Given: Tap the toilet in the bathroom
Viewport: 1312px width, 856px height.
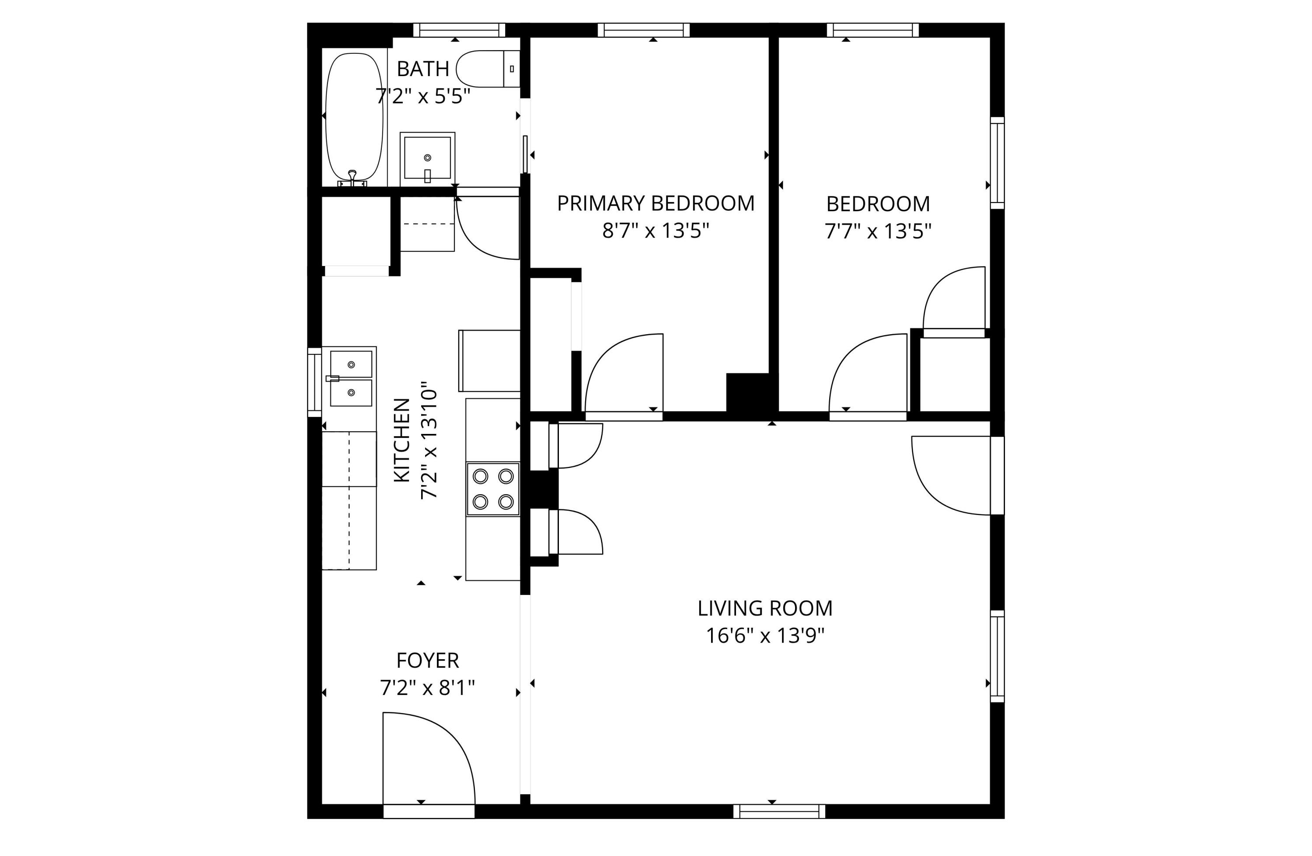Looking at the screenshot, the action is tap(488, 69).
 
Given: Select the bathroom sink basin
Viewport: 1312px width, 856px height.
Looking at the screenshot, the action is tap(427, 159).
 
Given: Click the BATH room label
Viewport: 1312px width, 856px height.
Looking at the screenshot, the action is tap(423, 69).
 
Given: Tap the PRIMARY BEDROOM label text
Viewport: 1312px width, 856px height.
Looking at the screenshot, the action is tap(656, 203).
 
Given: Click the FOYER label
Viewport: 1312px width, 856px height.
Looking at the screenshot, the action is tap(427, 660).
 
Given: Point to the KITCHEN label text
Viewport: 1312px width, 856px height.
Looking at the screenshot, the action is tap(402, 440).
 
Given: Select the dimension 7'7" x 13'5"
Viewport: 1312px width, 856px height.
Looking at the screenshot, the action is tap(878, 231).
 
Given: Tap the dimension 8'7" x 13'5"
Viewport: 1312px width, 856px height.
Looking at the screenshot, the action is tap(656, 231).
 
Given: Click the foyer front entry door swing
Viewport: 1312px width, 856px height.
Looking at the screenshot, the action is tap(429, 759).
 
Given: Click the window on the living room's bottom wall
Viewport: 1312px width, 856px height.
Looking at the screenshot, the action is tap(779, 811).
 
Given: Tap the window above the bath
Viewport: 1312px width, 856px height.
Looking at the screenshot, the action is tap(459, 30).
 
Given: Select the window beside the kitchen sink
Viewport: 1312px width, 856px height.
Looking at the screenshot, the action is tap(314, 382).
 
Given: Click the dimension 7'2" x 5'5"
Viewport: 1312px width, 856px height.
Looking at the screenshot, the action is tap(423, 97).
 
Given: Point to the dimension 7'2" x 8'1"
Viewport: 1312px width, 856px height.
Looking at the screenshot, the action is tap(427, 688).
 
